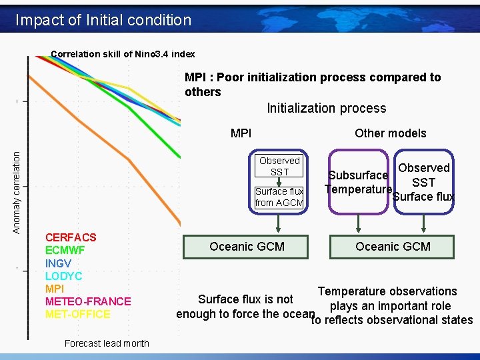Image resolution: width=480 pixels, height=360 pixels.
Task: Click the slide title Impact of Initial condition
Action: click(103, 20)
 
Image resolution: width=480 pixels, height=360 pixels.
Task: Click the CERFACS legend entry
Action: click(71, 237)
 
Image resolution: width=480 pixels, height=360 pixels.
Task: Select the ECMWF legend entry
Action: click(66, 250)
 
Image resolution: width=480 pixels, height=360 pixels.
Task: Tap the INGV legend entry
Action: click(58, 263)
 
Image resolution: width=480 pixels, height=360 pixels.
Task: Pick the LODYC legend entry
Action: click(63, 276)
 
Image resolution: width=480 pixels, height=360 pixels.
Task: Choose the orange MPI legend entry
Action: click(54, 289)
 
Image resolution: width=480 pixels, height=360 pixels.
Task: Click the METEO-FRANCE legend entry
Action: click(88, 301)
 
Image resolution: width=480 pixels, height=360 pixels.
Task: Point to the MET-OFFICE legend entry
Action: click(78, 314)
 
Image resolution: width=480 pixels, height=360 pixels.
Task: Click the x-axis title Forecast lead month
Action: click(107, 343)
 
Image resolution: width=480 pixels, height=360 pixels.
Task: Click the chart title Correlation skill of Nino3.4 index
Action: click(123, 53)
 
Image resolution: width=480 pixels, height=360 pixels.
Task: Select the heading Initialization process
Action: click(326, 108)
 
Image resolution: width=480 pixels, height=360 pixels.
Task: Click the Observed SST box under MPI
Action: click(279, 166)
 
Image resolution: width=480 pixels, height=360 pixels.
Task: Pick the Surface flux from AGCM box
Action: click(279, 197)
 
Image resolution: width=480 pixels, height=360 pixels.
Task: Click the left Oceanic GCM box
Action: click(247, 247)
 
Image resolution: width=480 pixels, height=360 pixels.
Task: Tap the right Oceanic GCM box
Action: click(393, 247)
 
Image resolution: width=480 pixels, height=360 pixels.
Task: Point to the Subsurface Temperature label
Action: click(358, 182)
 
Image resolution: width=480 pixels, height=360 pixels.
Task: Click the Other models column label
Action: click(390, 133)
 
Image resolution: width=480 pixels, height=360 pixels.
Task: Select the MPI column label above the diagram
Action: click(241, 133)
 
